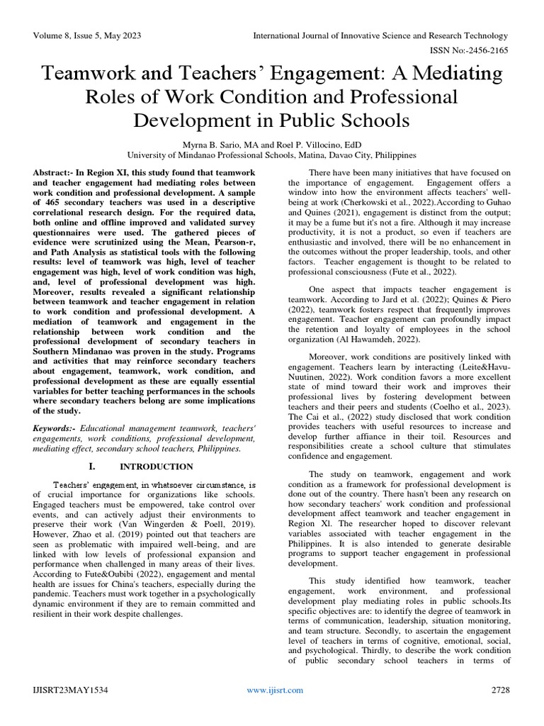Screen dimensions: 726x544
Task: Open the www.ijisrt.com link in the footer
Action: pyautogui.click(x=275, y=690)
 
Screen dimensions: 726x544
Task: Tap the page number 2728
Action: pyautogui.click(x=500, y=690)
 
